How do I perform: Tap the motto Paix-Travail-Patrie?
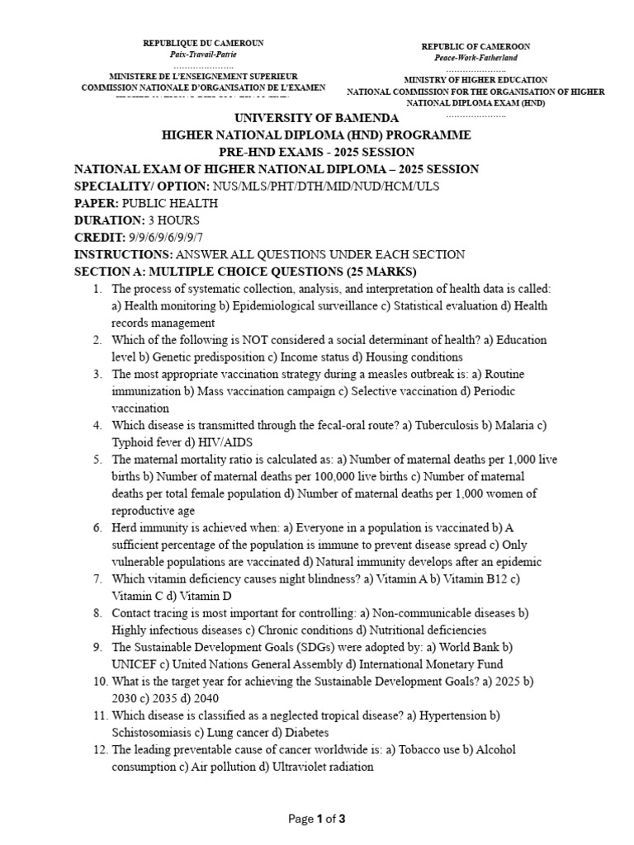(203, 54)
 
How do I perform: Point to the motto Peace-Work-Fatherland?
(475, 58)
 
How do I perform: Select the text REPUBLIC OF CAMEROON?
(475, 46)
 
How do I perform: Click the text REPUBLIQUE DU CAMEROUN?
(203, 42)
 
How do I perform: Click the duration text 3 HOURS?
(173, 220)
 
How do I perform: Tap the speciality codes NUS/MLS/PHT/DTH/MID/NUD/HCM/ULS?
(325, 186)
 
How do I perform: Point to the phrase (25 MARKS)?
(378, 272)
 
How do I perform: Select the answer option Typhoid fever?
(146, 443)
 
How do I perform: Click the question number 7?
(97, 579)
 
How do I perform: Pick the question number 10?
(97, 682)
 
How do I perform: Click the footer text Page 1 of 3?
(317, 819)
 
